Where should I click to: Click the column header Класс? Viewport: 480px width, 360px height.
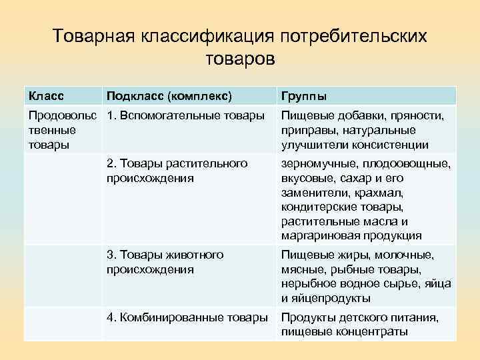point(45,95)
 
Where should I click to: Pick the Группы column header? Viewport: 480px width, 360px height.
point(303,95)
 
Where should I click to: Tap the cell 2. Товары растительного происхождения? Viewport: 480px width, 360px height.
point(177,171)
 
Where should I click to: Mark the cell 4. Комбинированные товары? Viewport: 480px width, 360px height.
point(187,317)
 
